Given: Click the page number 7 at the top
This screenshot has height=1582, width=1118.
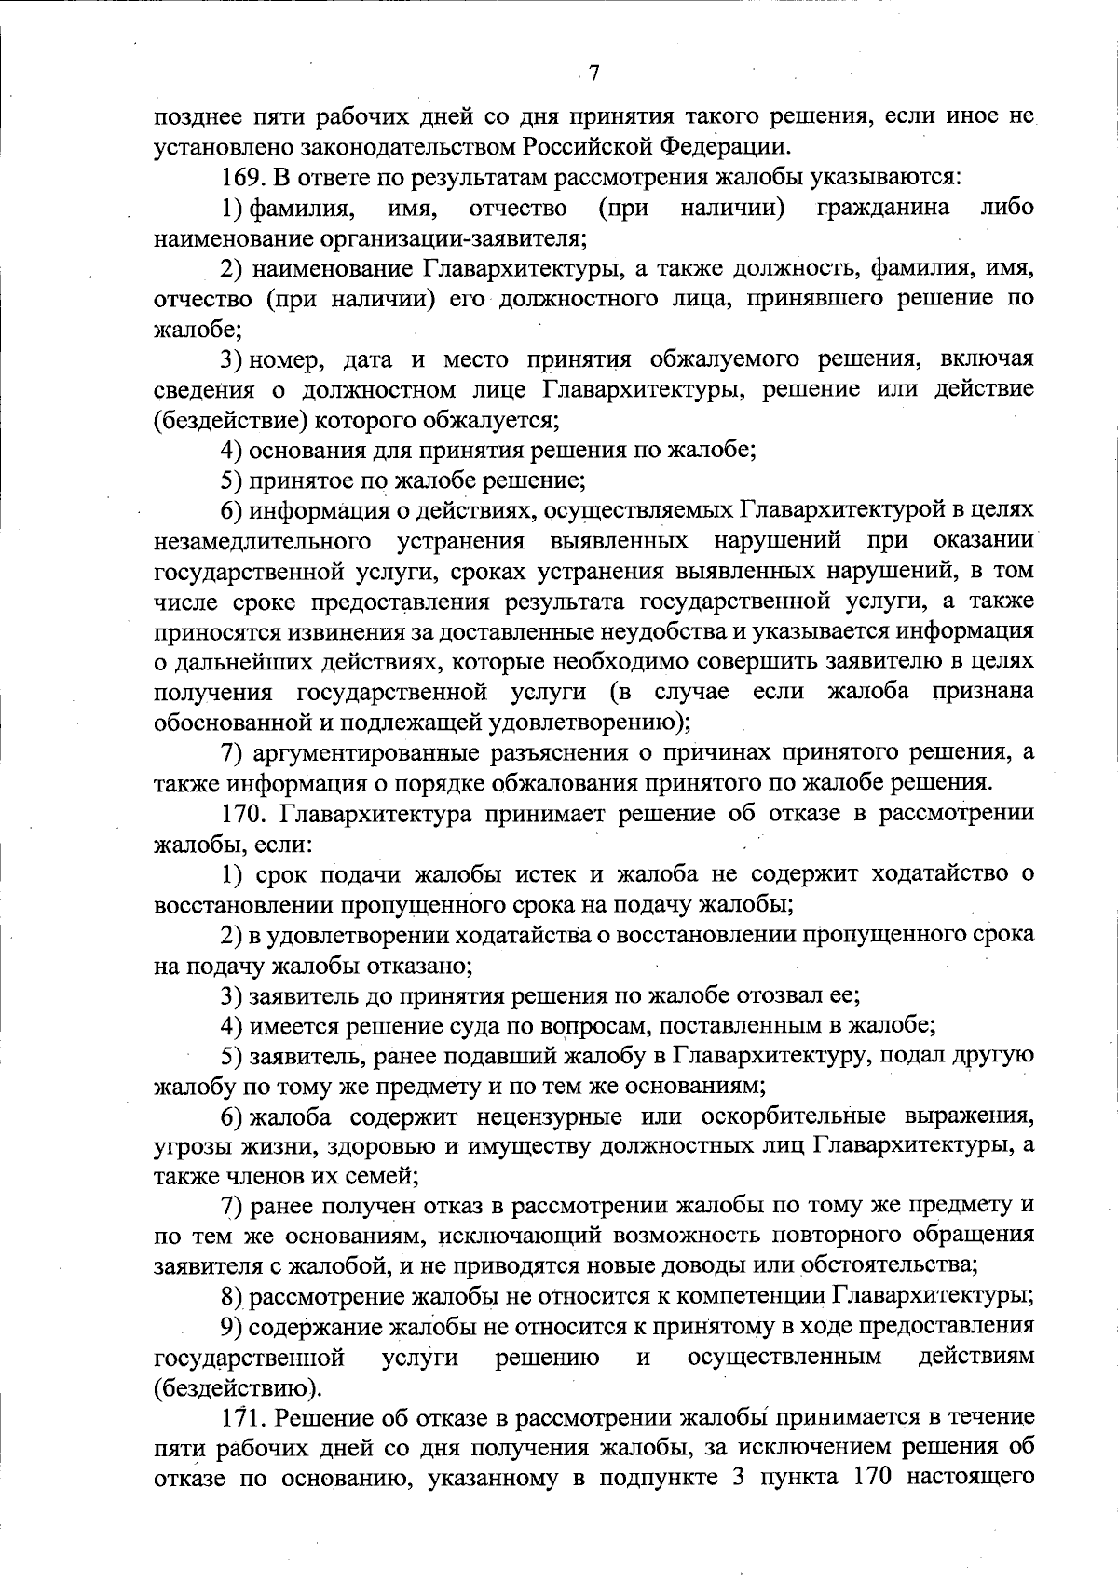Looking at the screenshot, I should pyautogui.click(x=595, y=73).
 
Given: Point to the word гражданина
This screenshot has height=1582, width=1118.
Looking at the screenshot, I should pyautogui.click(x=882, y=207).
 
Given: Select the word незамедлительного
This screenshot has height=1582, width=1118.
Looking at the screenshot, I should pyautogui.click(x=257, y=541).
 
